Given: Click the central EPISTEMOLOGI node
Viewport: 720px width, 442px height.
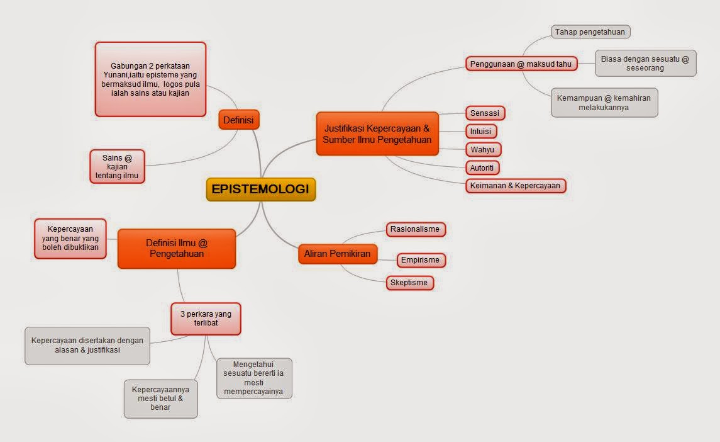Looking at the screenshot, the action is point(260,189).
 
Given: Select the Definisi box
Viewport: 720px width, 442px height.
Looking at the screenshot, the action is point(239,120).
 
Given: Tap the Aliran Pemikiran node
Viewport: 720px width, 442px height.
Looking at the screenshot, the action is point(337,254).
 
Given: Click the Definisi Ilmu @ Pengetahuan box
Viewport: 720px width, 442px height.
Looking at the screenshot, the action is point(176,248).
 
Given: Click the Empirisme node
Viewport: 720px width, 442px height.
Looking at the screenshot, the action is point(419,259).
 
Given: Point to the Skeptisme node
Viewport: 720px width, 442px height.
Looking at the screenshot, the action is point(409,283).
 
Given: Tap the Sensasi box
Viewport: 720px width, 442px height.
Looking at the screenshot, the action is point(485,113).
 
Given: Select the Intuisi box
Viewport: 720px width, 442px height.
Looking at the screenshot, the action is point(481,132).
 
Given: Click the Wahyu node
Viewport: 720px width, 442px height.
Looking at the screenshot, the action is point(482,150).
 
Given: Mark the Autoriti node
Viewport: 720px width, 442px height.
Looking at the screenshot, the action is point(482,167).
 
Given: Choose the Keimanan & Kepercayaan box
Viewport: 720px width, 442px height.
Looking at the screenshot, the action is point(515,185).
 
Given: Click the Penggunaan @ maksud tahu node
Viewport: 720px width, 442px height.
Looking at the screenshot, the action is point(521,64).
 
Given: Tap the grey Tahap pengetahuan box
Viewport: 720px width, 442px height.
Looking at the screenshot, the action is point(591,31).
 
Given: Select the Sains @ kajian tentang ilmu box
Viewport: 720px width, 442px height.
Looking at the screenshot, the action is point(117,166).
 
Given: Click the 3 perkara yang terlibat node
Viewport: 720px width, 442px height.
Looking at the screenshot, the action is point(206,319).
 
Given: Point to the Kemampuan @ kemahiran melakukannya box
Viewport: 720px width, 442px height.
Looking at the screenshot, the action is point(604,103).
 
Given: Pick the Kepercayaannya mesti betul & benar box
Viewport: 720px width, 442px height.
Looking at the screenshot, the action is point(160,398).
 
